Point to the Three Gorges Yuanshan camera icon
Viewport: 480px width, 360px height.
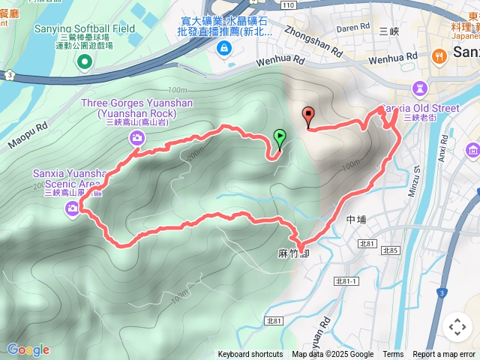tap(136, 136)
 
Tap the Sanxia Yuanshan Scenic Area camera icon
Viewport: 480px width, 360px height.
tap(72, 208)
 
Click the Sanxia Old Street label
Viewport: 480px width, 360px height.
tap(421, 108)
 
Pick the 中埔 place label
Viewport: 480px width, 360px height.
tap(355, 220)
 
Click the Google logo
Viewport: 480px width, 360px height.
tap(28, 349)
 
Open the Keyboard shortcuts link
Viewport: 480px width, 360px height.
tap(250, 355)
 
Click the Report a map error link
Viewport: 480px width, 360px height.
tap(444, 355)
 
